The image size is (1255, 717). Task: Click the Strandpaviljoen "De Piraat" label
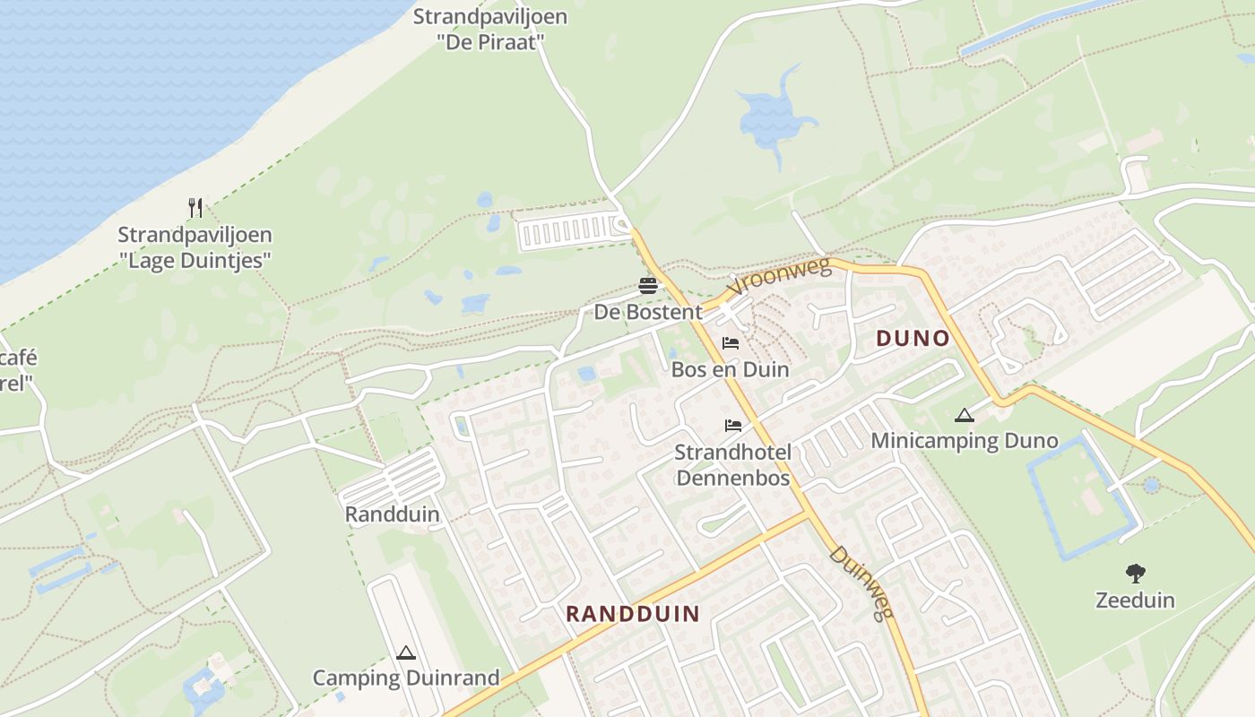click(x=490, y=29)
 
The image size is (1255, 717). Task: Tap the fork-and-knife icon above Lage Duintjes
click(x=195, y=208)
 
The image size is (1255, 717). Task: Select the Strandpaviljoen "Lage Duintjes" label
click(x=195, y=247)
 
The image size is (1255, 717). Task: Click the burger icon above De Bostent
click(x=648, y=286)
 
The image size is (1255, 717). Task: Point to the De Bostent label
click(x=648, y=312)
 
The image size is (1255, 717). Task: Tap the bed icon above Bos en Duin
click(x=731, y=342)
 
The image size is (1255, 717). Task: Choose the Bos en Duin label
click(x=731, y=369)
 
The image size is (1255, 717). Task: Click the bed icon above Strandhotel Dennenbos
click(x=733, y=425)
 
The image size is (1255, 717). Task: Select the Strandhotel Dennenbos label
click(x=733, y=464)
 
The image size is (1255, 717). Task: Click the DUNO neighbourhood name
click(x=913, y=338)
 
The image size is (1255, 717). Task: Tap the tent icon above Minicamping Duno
click(x=964, y=415)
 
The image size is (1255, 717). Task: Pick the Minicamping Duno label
click(x=965, y=441)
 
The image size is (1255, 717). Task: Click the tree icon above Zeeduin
click(x=1136, y=573)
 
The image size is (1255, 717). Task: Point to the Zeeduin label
click(x=1135, y=600)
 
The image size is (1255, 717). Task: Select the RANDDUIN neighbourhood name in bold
click(x=633, y=613)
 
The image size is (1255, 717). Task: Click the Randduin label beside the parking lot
click(x=392, y=514)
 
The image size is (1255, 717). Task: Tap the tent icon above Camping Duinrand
click(x=406, y=652)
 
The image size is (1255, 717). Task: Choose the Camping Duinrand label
click(x=406, y=678)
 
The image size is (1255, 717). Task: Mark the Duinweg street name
click(x=861, y=583)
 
